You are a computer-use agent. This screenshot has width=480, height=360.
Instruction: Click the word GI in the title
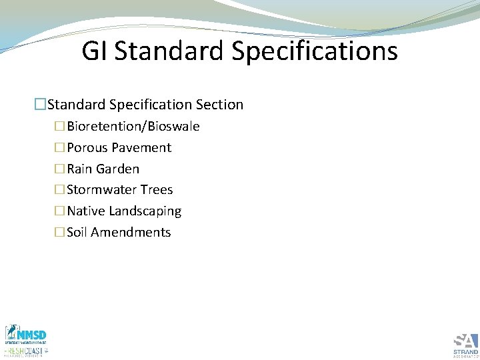[x=95, y=51]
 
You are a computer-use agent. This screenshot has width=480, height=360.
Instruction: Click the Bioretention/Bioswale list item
[x=133, y=127]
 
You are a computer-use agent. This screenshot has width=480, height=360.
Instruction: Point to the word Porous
[x=87, y=148]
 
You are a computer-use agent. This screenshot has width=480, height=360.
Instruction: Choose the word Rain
[x=79, y=169]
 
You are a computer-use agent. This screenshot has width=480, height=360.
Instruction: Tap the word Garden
[x=117, y=169]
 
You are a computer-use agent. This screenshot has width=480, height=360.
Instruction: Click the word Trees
[x=157, y=190]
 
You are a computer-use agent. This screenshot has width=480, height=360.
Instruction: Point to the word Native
[x=85, y=211]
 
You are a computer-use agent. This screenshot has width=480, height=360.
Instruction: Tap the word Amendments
[x=131, y=233]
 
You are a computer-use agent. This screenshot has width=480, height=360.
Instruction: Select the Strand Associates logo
[x=465, y=344]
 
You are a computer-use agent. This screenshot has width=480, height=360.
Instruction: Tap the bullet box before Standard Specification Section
[x=41, y=105]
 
